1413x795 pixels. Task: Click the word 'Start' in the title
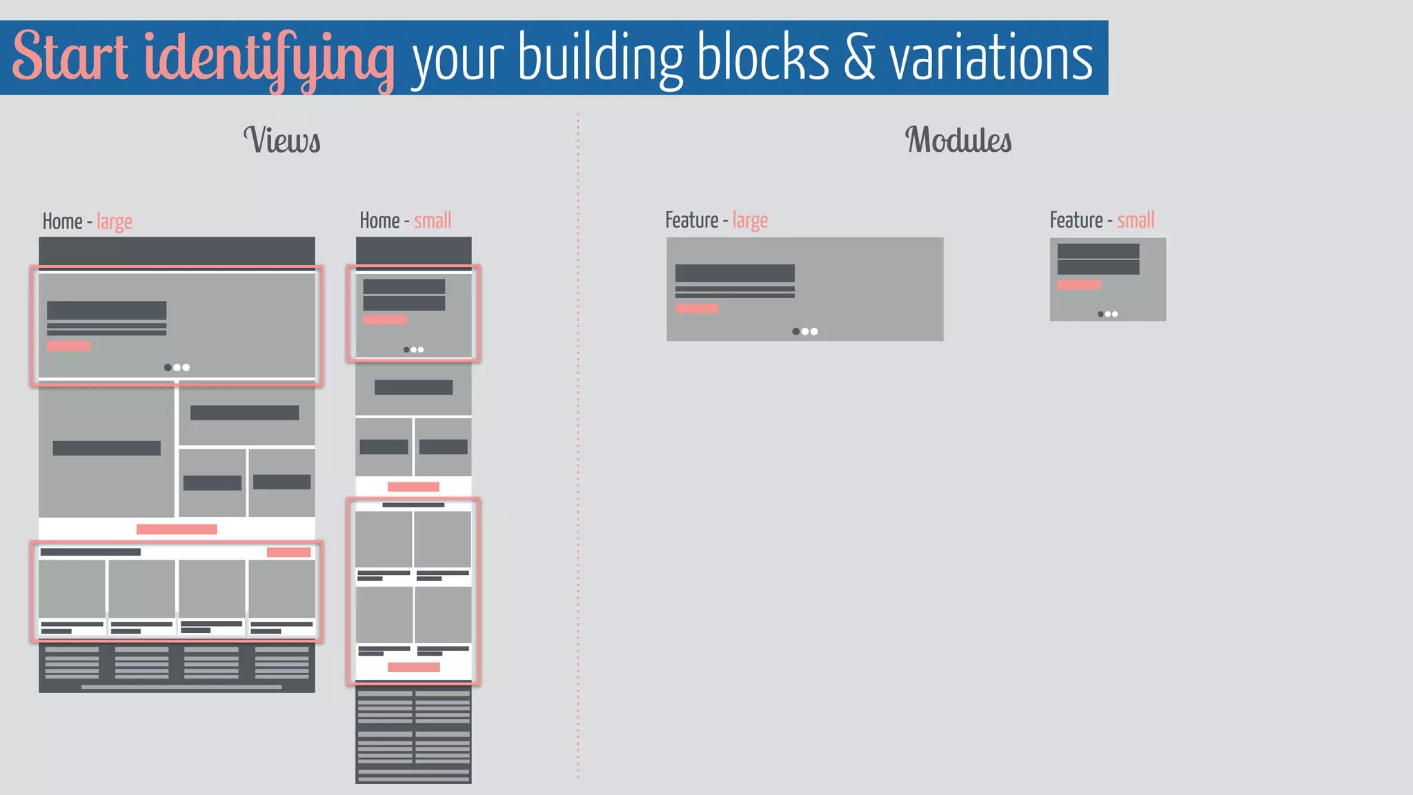(x=70, y=57)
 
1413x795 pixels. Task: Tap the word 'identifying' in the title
(x=269, y=59)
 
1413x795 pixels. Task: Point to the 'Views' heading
(x=282, y=140)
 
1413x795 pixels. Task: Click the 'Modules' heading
(x=958, y=140)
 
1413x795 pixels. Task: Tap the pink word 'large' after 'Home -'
(x=115, y=222)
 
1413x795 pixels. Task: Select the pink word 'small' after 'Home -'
(x=433, y=221)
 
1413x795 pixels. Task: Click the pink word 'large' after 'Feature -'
(x=750, y=221)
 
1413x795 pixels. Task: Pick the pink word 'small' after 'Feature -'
(x=1136, y=221)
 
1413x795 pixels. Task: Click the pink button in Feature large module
(x=697, y=308)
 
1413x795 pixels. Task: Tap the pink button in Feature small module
(x=1078, y=284)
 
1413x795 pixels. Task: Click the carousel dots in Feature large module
(x=804, y=331)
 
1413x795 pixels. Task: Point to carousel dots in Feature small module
(x=1107, y=314)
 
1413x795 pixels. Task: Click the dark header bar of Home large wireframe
(x=177, y=251)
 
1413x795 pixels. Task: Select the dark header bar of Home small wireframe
(x=413, y=251)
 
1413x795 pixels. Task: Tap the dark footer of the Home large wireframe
(x=177, y=667)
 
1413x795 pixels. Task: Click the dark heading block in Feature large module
(x=735, y=273)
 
